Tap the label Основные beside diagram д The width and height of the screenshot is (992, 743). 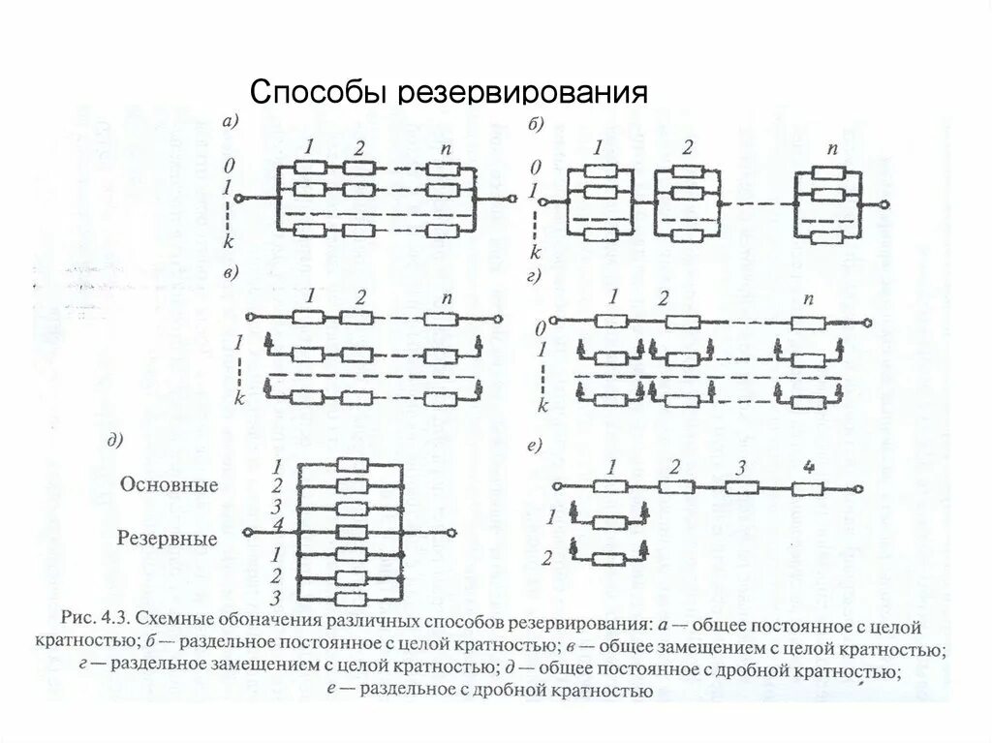click(x=170, y=485)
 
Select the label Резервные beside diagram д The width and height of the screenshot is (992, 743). click(x=169, y=539)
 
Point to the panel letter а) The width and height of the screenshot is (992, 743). click(x=232, y=121)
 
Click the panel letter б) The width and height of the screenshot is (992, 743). click(x=536, y=122)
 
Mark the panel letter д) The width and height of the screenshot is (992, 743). click(x=117, y=442)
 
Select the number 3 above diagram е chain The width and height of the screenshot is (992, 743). click(x=740, y=467)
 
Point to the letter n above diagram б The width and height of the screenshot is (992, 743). click(x=831, y=149)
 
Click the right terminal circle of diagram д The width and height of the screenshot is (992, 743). click(x=449, y=532)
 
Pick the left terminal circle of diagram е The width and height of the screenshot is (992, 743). click(x=556, y=486)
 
